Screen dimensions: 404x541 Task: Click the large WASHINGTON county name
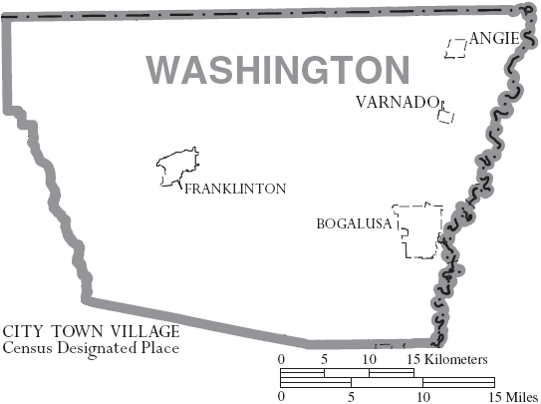[x=278, y=70]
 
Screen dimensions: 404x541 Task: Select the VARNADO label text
[x=397, y=103]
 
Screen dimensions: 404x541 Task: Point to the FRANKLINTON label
[x=234, y=189]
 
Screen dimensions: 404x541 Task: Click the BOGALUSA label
[x=354, y=224]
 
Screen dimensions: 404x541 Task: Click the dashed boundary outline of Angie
[x=457, y=49]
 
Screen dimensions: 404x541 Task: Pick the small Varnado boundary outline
[x=444, y=114]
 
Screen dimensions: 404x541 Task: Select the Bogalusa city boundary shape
[x=418, y=230]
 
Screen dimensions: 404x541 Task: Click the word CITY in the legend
[x=19, y=331]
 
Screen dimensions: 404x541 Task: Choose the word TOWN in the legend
[x=68, y=331]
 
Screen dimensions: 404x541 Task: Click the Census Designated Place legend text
[x=91, y=349]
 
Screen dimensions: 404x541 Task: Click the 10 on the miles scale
[x=422, y=396]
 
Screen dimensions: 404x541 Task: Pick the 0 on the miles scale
[x=281, y=396]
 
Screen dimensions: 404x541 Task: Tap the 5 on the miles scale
[x=350, y=396]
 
